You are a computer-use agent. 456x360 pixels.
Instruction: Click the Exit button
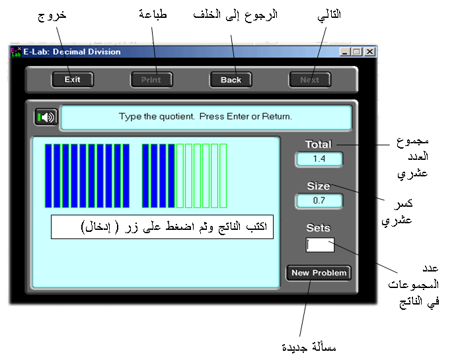73,80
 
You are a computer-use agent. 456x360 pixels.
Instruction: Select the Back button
231,80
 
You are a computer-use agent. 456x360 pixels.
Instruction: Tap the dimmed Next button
310,80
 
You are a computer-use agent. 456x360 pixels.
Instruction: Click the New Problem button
319,273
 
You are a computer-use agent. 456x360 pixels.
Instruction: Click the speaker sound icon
46,117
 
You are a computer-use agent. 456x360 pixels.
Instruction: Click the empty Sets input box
320,245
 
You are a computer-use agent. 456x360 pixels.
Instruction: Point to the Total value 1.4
319,159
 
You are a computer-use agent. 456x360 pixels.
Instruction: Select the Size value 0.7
319,201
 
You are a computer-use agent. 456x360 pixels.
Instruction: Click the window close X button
369,52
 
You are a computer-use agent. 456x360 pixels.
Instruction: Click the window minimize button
345,52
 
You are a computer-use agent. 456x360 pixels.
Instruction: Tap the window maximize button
357,52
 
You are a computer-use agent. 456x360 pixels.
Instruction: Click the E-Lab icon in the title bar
16,52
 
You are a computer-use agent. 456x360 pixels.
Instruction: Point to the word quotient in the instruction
176,117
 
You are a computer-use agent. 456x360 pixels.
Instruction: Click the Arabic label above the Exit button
52,15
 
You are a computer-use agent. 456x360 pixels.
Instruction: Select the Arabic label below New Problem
309,347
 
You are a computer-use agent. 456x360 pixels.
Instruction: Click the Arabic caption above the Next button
329,15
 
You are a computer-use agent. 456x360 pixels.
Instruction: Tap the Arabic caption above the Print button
153,14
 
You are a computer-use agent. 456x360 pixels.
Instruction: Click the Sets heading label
319,228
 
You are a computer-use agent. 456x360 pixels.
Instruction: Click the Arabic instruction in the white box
174,227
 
